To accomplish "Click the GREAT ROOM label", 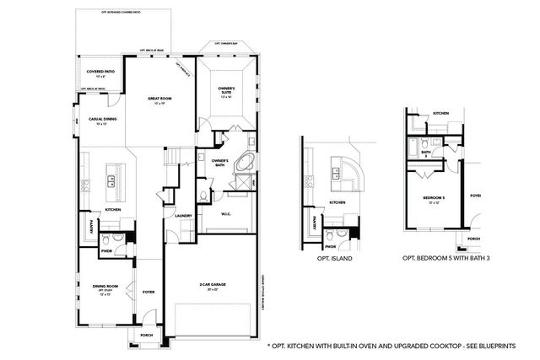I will (159, 98).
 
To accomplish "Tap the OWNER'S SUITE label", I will (226, 90).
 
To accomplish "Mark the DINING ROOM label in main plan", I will (105, 287).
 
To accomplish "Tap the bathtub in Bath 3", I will (414, 147).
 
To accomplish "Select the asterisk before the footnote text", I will (268, 346).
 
